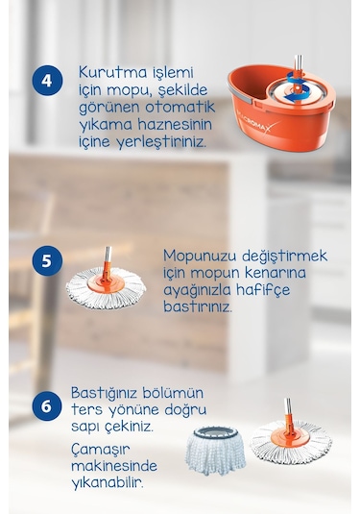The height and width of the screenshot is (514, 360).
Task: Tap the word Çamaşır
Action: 102,450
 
